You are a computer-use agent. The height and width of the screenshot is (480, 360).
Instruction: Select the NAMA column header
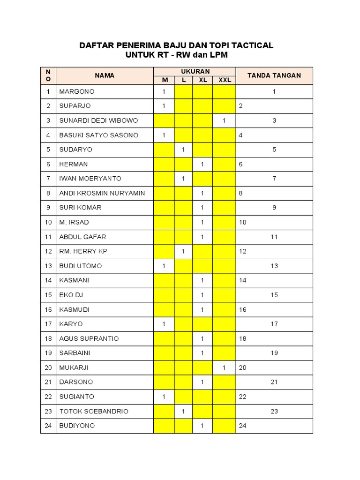(105, 75)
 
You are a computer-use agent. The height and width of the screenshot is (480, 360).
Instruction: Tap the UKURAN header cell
(195, 71)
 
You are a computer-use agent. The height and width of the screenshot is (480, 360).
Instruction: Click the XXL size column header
(225, 80)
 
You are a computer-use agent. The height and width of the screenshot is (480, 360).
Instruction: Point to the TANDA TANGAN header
(274, 75)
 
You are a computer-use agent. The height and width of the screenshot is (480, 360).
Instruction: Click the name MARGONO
(77, 91)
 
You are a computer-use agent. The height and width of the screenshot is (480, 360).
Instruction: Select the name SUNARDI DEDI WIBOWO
(98, 120)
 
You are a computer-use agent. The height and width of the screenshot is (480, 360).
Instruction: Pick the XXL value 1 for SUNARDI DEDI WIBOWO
(225, 120)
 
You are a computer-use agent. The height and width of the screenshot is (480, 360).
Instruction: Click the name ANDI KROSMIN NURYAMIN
(102, 193)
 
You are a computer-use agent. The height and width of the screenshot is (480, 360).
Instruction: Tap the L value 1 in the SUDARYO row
(183, 150)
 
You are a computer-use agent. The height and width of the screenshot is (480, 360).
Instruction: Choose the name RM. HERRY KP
(83, 251)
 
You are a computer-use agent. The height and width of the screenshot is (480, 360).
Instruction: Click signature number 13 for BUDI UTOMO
(274, 266)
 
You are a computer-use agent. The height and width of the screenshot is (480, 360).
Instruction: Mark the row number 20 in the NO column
(48, 367)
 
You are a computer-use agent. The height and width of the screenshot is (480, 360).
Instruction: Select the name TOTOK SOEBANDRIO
(94, 411)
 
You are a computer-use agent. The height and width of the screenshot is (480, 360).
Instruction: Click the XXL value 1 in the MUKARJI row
(225, 367)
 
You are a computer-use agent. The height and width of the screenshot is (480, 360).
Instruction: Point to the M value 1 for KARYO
(164, 324)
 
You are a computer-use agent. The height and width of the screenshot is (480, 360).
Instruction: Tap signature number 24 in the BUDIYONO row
(242, 426)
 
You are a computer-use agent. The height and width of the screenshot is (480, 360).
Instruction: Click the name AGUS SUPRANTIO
(89, 338)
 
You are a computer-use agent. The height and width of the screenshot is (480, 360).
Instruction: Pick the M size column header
(165, 80)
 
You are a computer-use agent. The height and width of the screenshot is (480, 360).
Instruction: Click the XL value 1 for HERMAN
(202, 164)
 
